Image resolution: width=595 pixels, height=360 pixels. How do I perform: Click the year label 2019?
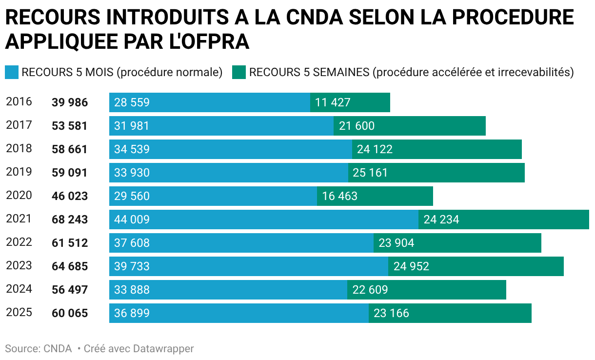[19, 172]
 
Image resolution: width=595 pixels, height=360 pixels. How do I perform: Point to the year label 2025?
[19, 312]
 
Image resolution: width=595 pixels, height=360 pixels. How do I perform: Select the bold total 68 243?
[70, 220]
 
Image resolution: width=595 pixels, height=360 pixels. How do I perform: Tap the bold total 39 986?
[70, 103]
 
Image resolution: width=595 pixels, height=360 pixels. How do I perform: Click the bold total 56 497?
[70, 290]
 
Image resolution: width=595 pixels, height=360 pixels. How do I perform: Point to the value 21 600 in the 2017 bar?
[357, 126]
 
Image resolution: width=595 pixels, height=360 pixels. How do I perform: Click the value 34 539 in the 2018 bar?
[132, 150]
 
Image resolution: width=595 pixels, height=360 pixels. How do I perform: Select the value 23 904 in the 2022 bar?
[397, 243]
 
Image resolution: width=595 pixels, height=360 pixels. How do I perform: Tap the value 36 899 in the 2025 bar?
[132, 313]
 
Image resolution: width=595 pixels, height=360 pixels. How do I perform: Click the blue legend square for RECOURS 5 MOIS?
[11, 72]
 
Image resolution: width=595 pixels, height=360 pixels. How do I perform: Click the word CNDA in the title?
[316, 18]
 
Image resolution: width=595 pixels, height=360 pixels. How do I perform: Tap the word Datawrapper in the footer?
[163, 349]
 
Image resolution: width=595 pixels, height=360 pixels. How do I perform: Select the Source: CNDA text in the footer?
[39, 349]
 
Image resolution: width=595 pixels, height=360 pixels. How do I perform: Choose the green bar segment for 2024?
[427, 290]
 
